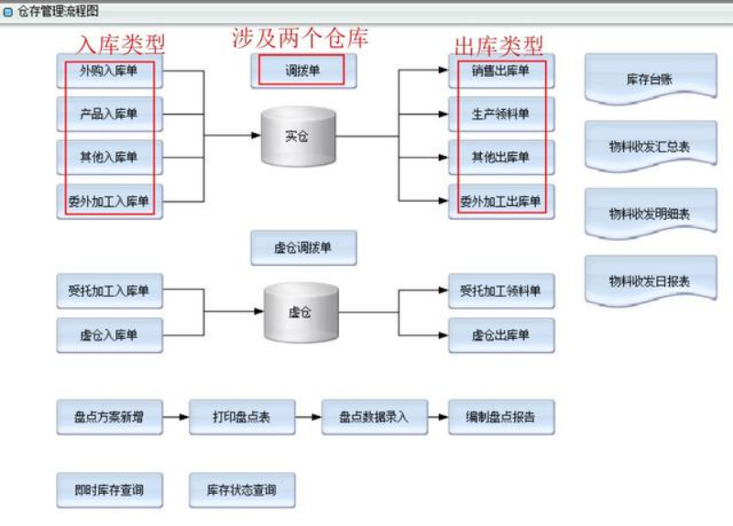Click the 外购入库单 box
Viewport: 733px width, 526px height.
109,71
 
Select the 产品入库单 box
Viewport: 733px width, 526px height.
109,114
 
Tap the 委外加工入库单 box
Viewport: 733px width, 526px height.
109,201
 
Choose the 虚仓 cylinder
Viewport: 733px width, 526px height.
300,312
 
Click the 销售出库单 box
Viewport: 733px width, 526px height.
501,71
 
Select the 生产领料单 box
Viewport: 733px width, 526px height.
501,114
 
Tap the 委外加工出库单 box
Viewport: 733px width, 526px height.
501,201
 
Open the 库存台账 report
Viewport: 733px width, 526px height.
650,79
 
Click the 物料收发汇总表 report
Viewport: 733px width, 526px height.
650,146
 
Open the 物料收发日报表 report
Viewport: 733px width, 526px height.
650,280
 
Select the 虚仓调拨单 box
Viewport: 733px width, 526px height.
303,247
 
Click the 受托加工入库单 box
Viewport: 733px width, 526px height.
109,291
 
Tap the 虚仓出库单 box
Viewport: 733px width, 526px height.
501,335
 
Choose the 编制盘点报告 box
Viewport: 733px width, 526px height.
501,417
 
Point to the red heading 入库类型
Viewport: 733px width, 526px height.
122,44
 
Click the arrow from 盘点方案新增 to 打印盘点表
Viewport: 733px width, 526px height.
175,417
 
